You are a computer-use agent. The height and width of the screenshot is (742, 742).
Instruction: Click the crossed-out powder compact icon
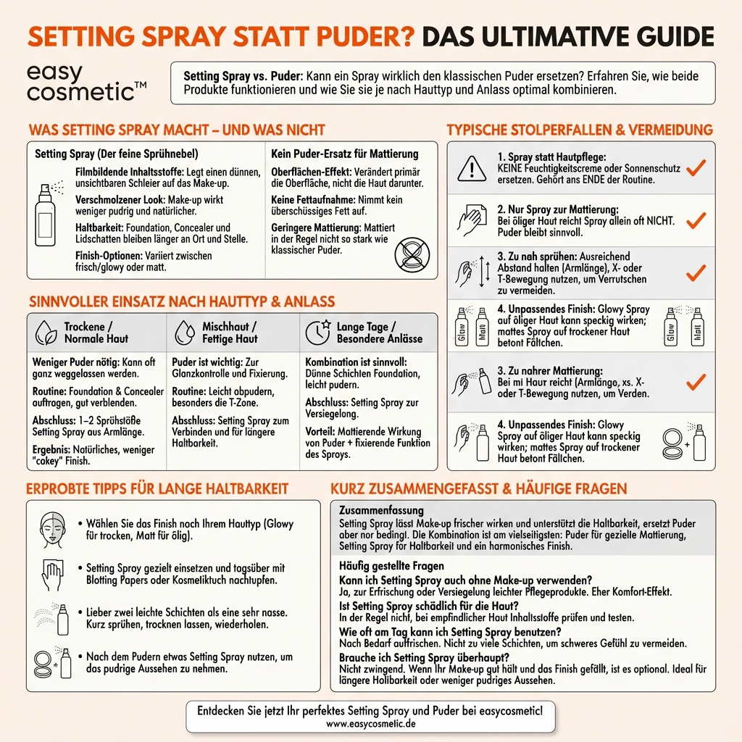[x=411, y=256]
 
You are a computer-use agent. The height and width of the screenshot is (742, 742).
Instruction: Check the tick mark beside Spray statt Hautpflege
[x=696, y=168]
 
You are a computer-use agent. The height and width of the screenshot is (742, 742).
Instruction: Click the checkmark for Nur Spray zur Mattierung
[x=696, y=220]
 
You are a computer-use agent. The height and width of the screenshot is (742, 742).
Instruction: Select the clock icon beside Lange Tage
[x=319, y=332]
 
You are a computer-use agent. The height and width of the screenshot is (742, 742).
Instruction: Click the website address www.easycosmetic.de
[x=370, y=722]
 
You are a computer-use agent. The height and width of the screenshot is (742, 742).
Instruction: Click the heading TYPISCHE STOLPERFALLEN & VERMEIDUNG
[x=580, y=130]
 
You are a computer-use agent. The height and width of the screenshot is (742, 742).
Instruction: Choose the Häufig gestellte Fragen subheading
[x=391, y=566]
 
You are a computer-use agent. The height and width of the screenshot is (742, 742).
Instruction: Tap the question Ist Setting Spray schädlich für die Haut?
[x=429, y=606]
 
